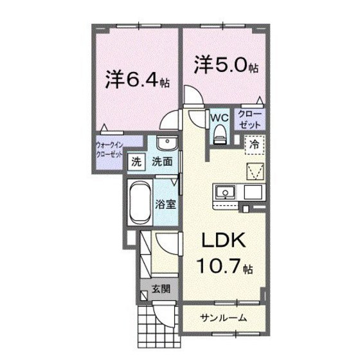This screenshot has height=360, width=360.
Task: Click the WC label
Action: point(219,118)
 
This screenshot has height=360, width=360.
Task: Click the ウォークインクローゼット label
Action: point(109,150)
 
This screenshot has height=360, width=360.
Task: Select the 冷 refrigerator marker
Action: point(255,145)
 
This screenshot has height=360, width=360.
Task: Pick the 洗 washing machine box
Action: point(135,162)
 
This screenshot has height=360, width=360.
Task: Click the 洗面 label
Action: point(161,162)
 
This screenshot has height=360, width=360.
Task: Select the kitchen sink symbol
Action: point(226,192)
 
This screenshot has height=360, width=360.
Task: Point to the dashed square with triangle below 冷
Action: point(255,170)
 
